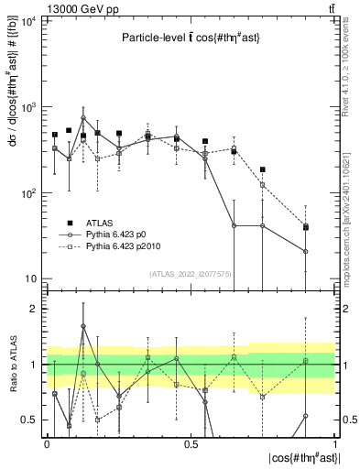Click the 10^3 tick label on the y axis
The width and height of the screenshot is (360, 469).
click(x=28, y=107)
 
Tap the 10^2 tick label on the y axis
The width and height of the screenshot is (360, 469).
click(x=28, y=193)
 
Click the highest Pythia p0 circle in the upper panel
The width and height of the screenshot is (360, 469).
click(x=83, y=118)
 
